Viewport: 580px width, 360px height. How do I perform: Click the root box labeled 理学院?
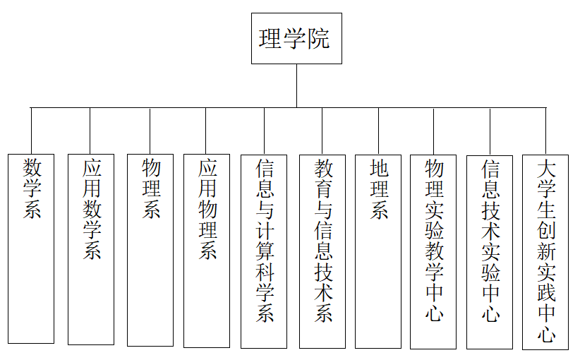click(296, 39)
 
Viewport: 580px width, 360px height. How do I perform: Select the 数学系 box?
click(31, 248)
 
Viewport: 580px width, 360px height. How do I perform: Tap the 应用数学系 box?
click(91, 249)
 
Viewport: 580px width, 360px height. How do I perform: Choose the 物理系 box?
click(150, 250)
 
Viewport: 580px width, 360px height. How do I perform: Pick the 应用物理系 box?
click(207, 251)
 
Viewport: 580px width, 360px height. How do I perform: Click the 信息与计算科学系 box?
click(264, 251)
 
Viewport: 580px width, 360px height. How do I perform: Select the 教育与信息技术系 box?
click(322, 251)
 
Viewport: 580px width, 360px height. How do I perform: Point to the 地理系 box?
click(378, 251)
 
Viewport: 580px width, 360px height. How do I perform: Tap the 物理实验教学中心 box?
click(433, 252)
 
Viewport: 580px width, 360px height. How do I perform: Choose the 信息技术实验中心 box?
click(490, 252)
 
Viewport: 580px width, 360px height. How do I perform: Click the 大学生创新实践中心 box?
click(545, 252)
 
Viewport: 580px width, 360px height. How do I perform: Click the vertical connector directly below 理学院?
click(296, 86)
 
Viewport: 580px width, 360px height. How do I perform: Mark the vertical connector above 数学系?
click(32, 131)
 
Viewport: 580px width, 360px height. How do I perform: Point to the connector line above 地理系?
click(378, 131)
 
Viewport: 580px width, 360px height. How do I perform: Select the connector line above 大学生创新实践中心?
click(545, 131)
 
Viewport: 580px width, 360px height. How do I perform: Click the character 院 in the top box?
click(318, 39)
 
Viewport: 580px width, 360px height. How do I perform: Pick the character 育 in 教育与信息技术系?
click(323, 188)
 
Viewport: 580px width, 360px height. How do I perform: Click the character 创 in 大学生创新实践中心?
click(546, 230)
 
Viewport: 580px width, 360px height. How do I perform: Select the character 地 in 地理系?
click(379, 168)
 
